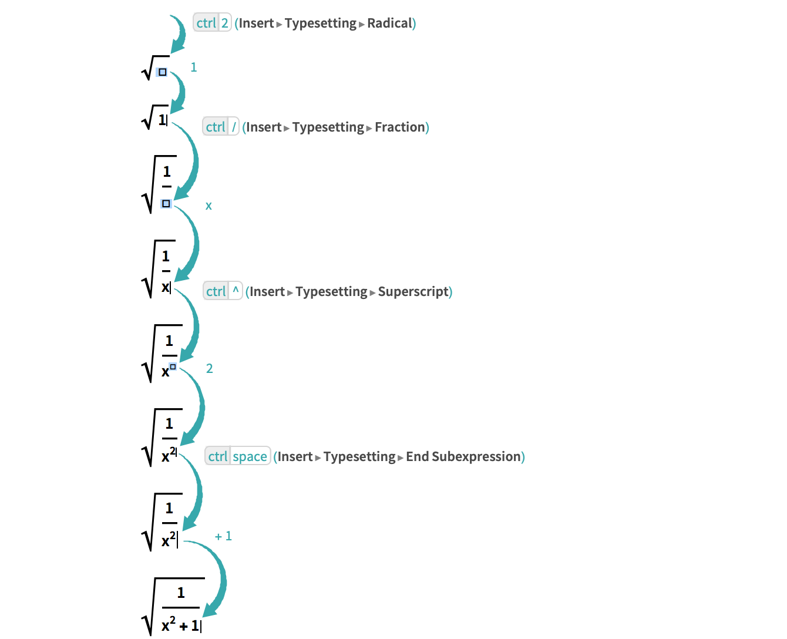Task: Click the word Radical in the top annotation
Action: click(x=390, y=23)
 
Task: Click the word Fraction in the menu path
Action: click(x=399, y=127)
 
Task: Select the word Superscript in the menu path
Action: click(x=413, y=292)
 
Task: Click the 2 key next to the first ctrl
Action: click(x=224, y=23)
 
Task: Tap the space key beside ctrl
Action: click(x=250, y=457)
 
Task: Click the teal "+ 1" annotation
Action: click(x=223, y=536)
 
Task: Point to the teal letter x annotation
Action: click(x=208, y=206)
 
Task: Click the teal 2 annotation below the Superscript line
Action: click(x=209, y=369)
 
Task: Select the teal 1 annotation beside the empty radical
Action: click(x=193, y=68)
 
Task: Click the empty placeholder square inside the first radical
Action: click(x=163, y=73)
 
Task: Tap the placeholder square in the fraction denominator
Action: click(x=166, y=203)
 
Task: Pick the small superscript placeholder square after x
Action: click(x=173, y=366)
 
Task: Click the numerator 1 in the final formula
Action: click(x=181, y=593)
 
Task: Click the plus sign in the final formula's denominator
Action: click(x=184, y=627)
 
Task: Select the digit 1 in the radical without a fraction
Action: click(x=162, y=120)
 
